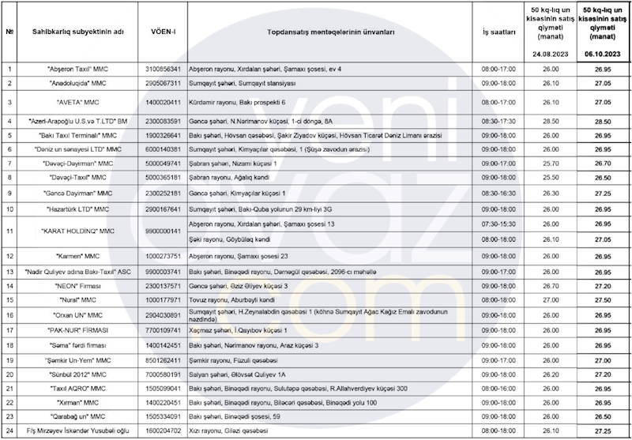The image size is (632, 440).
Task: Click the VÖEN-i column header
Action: pyautogui.click(x=164, y=33)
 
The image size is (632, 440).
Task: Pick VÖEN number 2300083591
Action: pyautogui.click(x=164, y=121)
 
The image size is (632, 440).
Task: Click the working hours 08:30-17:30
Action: pyautogui.click(x=497, y=121)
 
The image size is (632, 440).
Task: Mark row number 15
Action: pyautogui.click(x=9, y=299)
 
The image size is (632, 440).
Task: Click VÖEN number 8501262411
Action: pyautogui.click(x=164, y=359)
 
